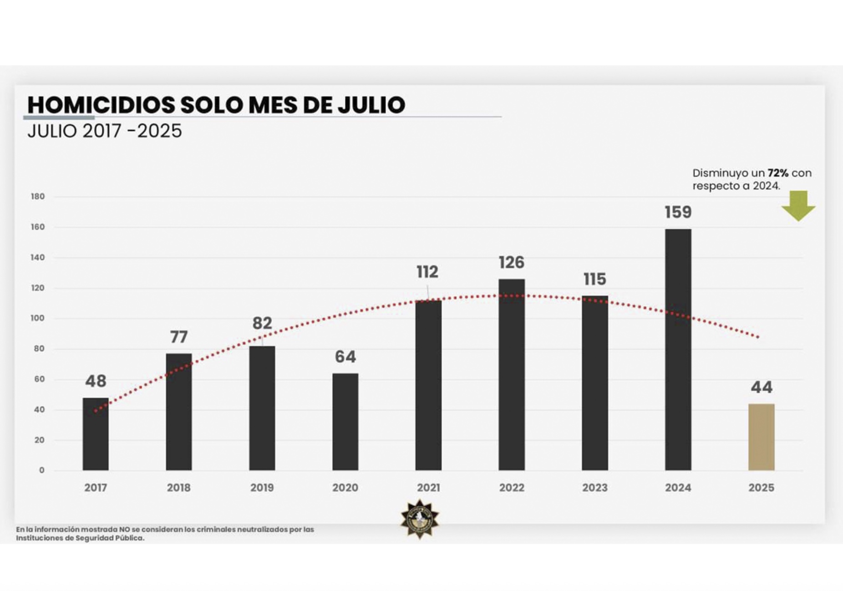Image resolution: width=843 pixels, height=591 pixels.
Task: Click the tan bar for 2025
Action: (761, 437)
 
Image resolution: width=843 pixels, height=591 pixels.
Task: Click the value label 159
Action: (678, 212)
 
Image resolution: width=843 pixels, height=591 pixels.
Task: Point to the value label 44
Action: (761, 387)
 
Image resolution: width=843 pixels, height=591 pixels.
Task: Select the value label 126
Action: (511, 262)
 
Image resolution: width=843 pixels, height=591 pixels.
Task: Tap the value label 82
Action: (262, 323)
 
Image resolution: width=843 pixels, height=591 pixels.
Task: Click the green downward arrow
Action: (798, 206)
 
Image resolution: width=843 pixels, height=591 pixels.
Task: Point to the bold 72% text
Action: (778, 173)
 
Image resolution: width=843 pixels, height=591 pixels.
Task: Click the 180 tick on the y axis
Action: (38, 197)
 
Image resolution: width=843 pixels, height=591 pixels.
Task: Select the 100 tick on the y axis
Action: (38, 318)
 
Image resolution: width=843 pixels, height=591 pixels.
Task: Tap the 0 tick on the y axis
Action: (42, 470)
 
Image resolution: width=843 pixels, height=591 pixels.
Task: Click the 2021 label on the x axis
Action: (428, 488)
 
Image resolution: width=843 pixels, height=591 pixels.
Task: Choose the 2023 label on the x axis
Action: (594, 488)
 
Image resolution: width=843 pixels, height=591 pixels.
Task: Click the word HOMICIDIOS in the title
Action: (101, 105)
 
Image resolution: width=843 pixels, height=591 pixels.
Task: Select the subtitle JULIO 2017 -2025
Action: (105, 131)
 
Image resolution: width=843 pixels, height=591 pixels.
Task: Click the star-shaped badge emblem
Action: (420, 519)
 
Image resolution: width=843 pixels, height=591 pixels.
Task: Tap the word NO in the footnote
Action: (124, 530)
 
